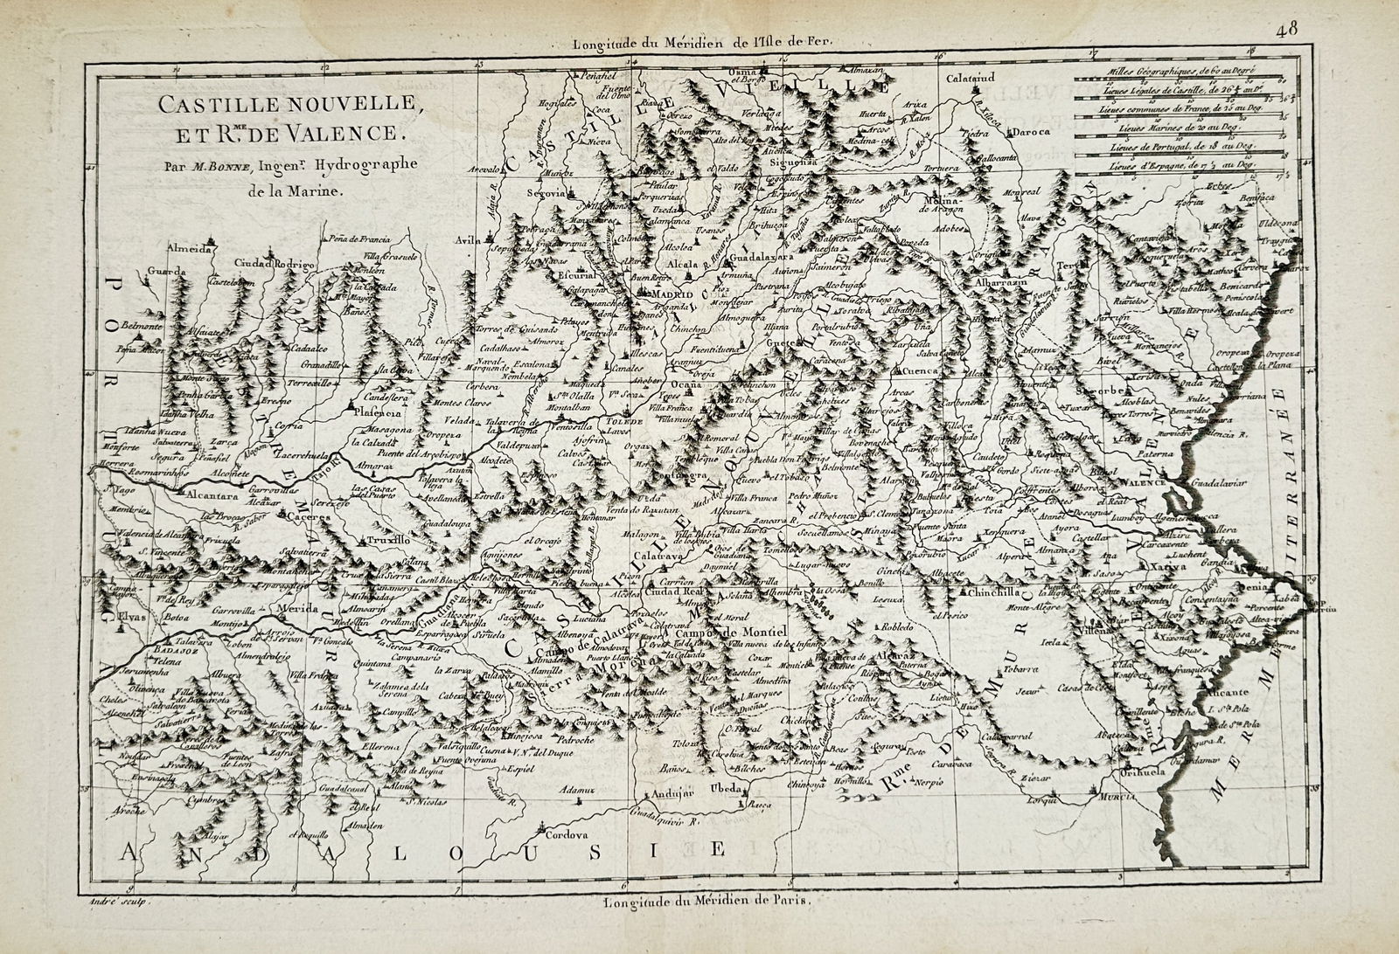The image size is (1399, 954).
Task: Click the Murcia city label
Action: tap(1117, 796)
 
